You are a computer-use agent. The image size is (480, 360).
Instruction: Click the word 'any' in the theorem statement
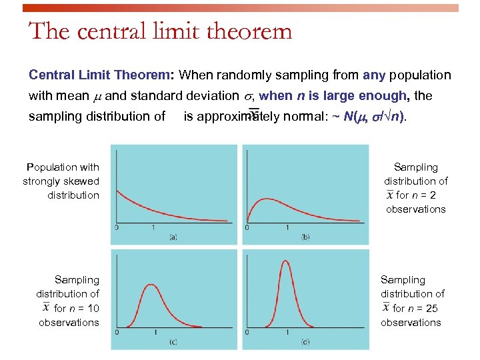[373, 75]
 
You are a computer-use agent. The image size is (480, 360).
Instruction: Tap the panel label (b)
[305, 237]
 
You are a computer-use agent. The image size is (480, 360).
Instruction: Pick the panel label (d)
[305, 343]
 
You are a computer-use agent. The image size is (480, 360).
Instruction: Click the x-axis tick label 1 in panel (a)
[154, 228]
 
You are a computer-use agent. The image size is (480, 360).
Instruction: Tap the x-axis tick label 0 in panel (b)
[247, 228]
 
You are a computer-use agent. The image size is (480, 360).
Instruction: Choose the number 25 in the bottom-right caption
[431, 309]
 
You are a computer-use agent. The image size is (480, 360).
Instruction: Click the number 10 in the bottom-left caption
[93, 309]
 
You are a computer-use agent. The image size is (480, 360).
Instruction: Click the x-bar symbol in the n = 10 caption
[45, 308]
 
